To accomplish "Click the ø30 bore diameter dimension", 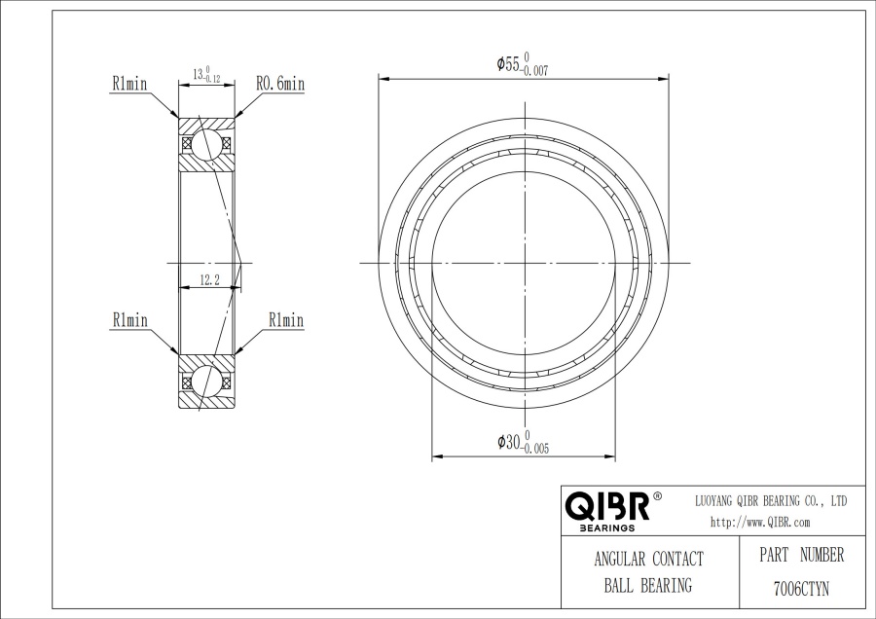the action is (523, 443).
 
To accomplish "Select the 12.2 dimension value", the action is (209, 280).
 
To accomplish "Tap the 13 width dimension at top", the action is (206, 74).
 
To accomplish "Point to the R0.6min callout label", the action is (280, 84).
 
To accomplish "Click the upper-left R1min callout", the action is (129, 84).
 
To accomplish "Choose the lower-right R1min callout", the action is (286, 320).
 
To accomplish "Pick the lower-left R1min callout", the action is (129, 320).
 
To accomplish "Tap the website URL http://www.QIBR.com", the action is (760, 523).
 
